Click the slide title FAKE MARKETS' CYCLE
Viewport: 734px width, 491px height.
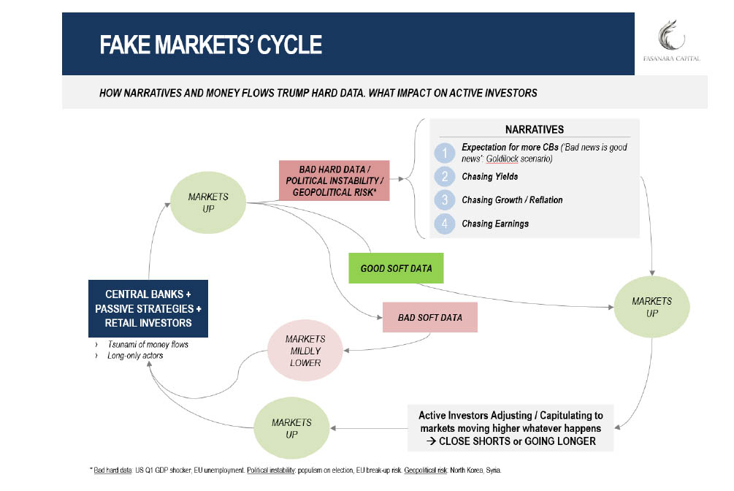pos(210,45)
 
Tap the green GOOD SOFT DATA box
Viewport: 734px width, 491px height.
pos(396,268)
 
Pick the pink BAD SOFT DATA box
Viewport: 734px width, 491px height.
pos(429,318)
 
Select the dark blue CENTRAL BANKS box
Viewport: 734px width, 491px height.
pos(148,308)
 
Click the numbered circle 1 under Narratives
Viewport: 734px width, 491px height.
pos(445,153)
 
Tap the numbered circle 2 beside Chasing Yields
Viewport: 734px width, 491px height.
pos(445,177)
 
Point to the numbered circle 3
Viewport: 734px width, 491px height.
pos(445,200)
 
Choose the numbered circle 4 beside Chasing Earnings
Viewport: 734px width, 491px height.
pos(445,224)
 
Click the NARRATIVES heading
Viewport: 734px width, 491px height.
pos(534,129)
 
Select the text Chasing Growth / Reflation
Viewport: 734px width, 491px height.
pos(512,200)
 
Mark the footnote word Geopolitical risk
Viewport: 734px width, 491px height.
pos(425,471)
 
